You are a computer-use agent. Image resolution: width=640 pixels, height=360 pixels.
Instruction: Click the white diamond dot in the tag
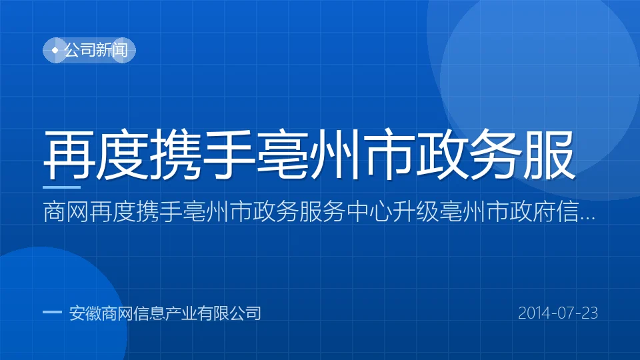[x=55, y=50]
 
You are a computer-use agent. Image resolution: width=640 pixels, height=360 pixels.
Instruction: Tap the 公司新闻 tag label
[x=96, y=50]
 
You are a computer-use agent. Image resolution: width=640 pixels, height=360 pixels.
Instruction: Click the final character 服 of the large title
[x=549, y=155]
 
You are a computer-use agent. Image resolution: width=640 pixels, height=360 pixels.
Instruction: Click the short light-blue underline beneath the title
[x=61, y=187]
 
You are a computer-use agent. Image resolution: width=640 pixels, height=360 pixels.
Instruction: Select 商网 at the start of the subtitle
[x=66, y=212]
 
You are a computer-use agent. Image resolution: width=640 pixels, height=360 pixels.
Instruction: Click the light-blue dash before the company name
[x=52, y=313]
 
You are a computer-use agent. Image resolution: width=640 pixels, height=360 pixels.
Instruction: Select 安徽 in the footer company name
[x=85, y=313]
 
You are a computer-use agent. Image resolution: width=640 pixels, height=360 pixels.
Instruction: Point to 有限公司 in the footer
[x=229, y=313]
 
